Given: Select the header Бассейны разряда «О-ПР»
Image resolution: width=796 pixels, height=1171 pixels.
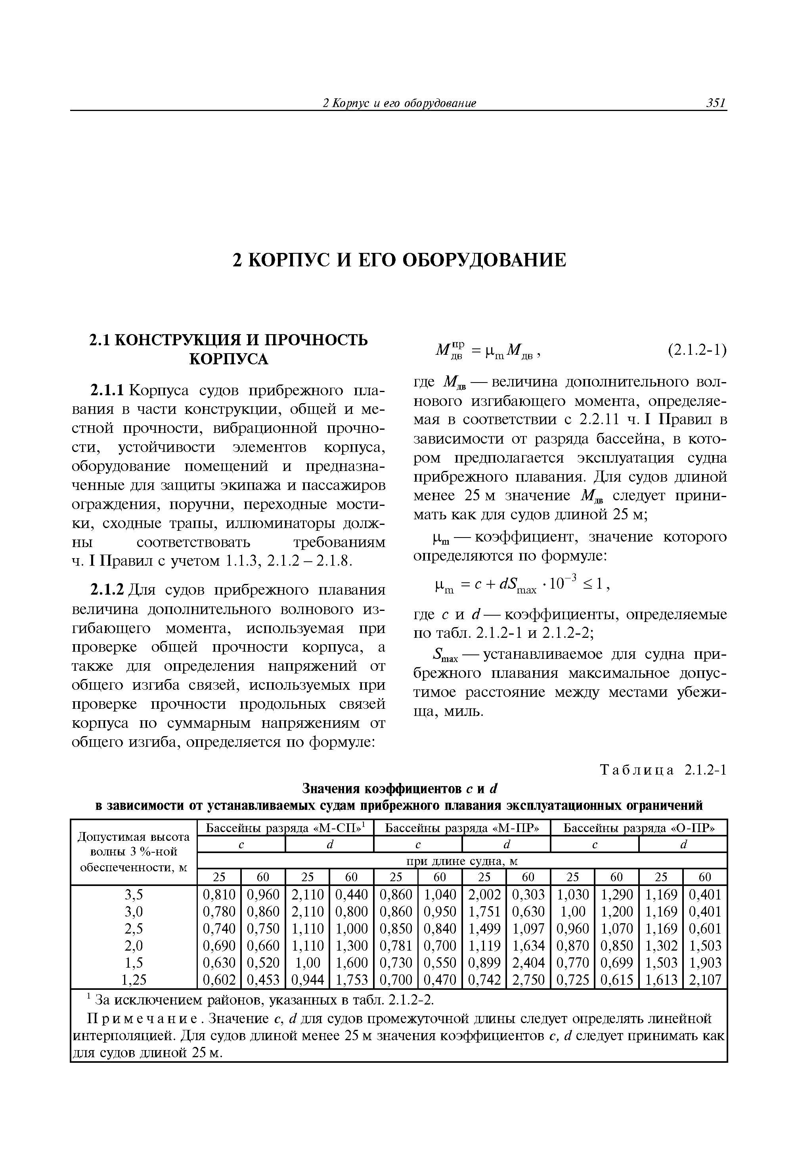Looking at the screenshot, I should click(x=638, y=828).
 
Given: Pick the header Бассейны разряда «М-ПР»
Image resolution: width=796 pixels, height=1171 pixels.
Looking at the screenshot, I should click(x=461, y=828).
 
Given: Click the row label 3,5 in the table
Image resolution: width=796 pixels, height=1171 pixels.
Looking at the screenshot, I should click(x=134, y=894).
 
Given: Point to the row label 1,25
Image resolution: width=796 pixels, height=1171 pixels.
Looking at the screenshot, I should click(x=134, y=980).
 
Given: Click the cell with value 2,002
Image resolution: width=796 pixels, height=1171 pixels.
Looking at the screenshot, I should click(x=484, y=894).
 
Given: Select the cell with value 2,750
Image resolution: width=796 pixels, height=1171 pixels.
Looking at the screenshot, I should click(x=528, y=980).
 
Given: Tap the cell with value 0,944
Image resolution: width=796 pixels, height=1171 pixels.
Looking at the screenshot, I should click(x=307, y=980).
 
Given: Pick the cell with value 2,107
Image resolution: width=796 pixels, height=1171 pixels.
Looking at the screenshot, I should click(x=705, y=980).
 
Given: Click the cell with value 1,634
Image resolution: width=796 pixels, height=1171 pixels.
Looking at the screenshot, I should click(x=528, y=946).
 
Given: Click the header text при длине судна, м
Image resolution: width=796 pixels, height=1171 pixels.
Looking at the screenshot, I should click(x=461, y=861).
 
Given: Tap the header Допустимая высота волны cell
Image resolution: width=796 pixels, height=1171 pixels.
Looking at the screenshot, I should click(x=134, y=852).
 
